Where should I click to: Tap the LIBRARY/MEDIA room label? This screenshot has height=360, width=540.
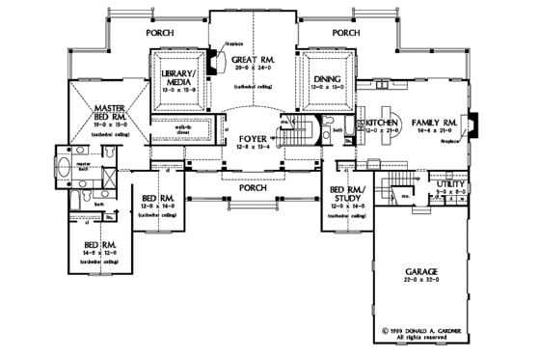tap(179, 77)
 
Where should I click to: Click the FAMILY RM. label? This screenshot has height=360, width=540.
tap(434, 123)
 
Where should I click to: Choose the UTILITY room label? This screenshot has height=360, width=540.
tap(453, 183)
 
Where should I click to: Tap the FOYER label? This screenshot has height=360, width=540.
tap(253, 141)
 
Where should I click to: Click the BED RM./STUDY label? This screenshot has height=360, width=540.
tap(345, 197)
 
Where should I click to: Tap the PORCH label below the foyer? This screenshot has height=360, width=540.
tap(253, 188)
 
